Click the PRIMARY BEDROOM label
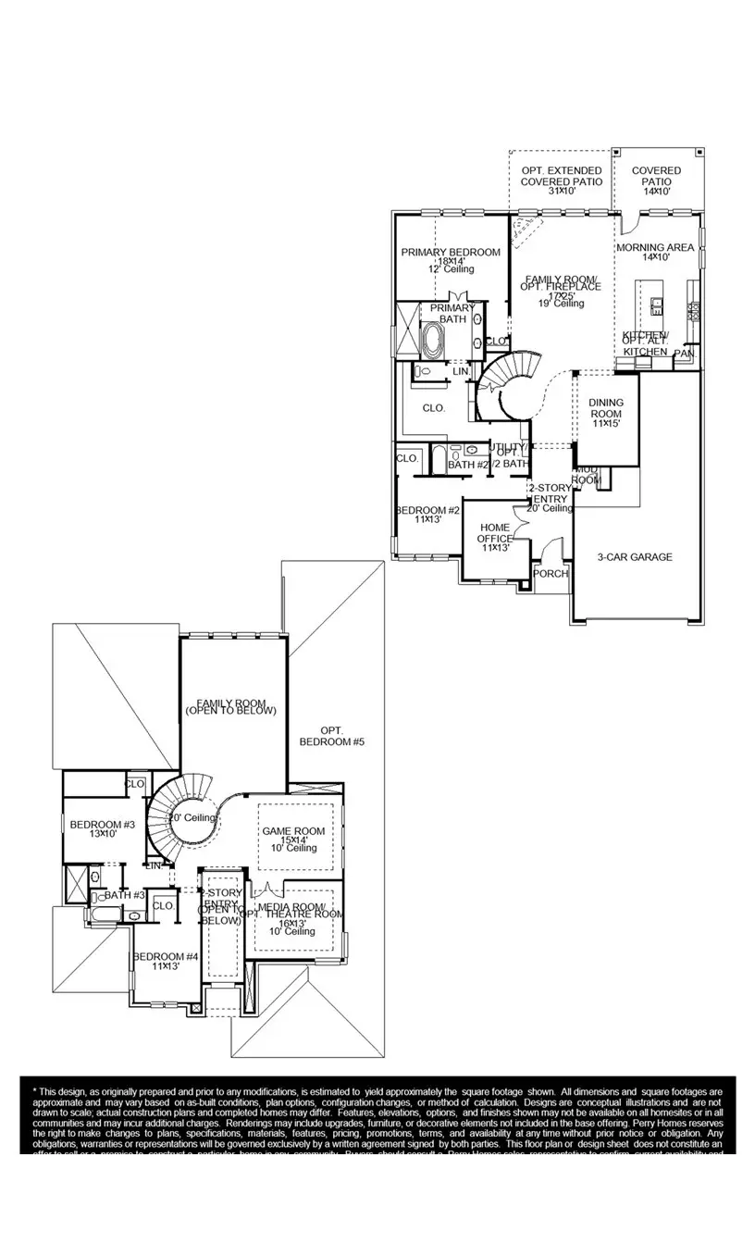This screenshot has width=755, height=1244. tap(451, 252)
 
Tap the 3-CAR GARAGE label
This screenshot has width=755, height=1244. tap(634, 557)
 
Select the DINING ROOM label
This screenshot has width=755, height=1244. tap(606, 407)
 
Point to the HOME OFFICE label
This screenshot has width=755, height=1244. tap(495, 532)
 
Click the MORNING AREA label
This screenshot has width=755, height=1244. tap(655, 248)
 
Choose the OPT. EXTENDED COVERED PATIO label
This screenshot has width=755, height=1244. tap(561, 176)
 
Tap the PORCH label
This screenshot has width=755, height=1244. tap(551, 574)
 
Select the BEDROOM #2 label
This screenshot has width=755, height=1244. tap(427, 511)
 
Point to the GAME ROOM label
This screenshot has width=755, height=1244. tap(293, 831)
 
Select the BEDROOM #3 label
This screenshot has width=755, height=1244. tap(103, 825)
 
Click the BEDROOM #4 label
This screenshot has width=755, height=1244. tap(166, 957)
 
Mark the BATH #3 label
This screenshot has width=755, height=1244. tap(124, 895)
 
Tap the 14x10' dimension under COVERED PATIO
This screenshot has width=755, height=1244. tap(656, 192)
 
